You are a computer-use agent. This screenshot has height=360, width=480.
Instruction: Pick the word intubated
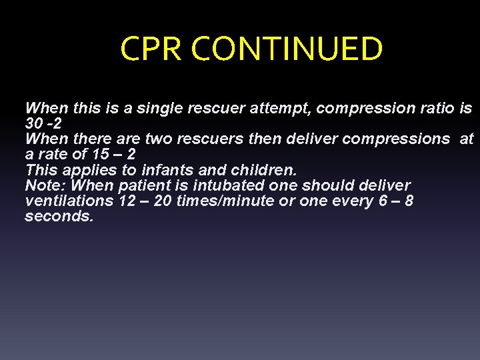click(223, 185)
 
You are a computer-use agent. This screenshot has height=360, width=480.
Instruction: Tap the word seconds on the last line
click(59, 217)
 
